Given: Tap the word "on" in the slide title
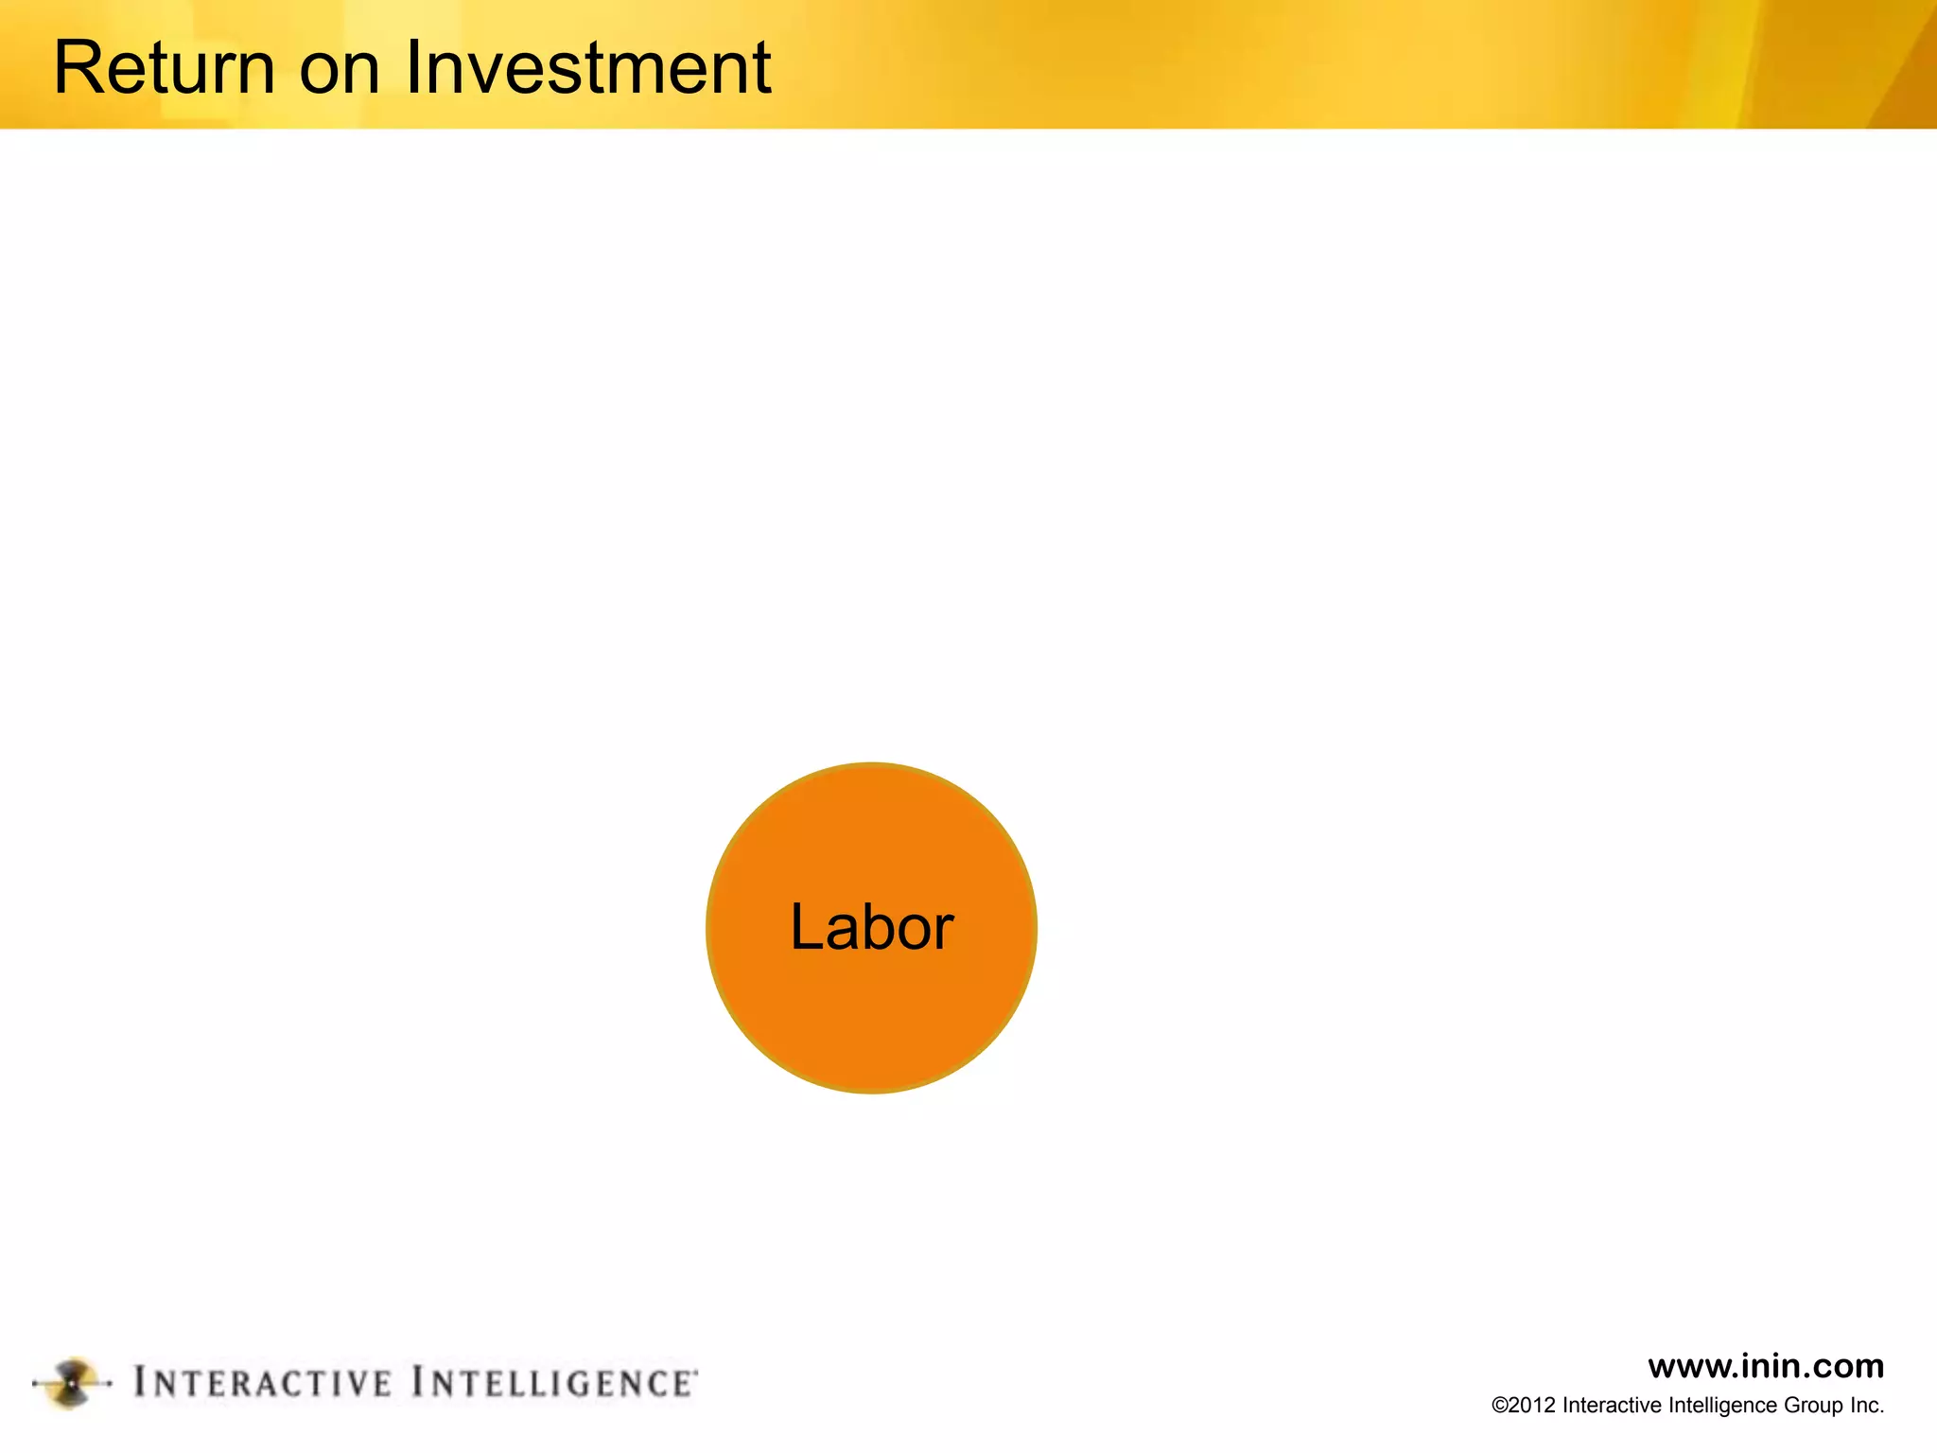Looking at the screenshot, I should [340, 68].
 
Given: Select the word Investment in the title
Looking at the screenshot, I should [587, 68].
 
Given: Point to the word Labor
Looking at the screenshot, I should [871, 927].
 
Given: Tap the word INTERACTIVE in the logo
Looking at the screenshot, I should [262, 1383].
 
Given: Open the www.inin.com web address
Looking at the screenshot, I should [1765, 1366].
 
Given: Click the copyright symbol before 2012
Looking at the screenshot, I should [1499, 1406].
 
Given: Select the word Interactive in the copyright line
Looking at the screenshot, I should [1612, 1406].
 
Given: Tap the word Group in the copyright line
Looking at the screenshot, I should [1814, 1406].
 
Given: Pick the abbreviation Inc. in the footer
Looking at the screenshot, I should [1867, 1406].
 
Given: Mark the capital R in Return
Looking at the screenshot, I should [77, 68].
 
